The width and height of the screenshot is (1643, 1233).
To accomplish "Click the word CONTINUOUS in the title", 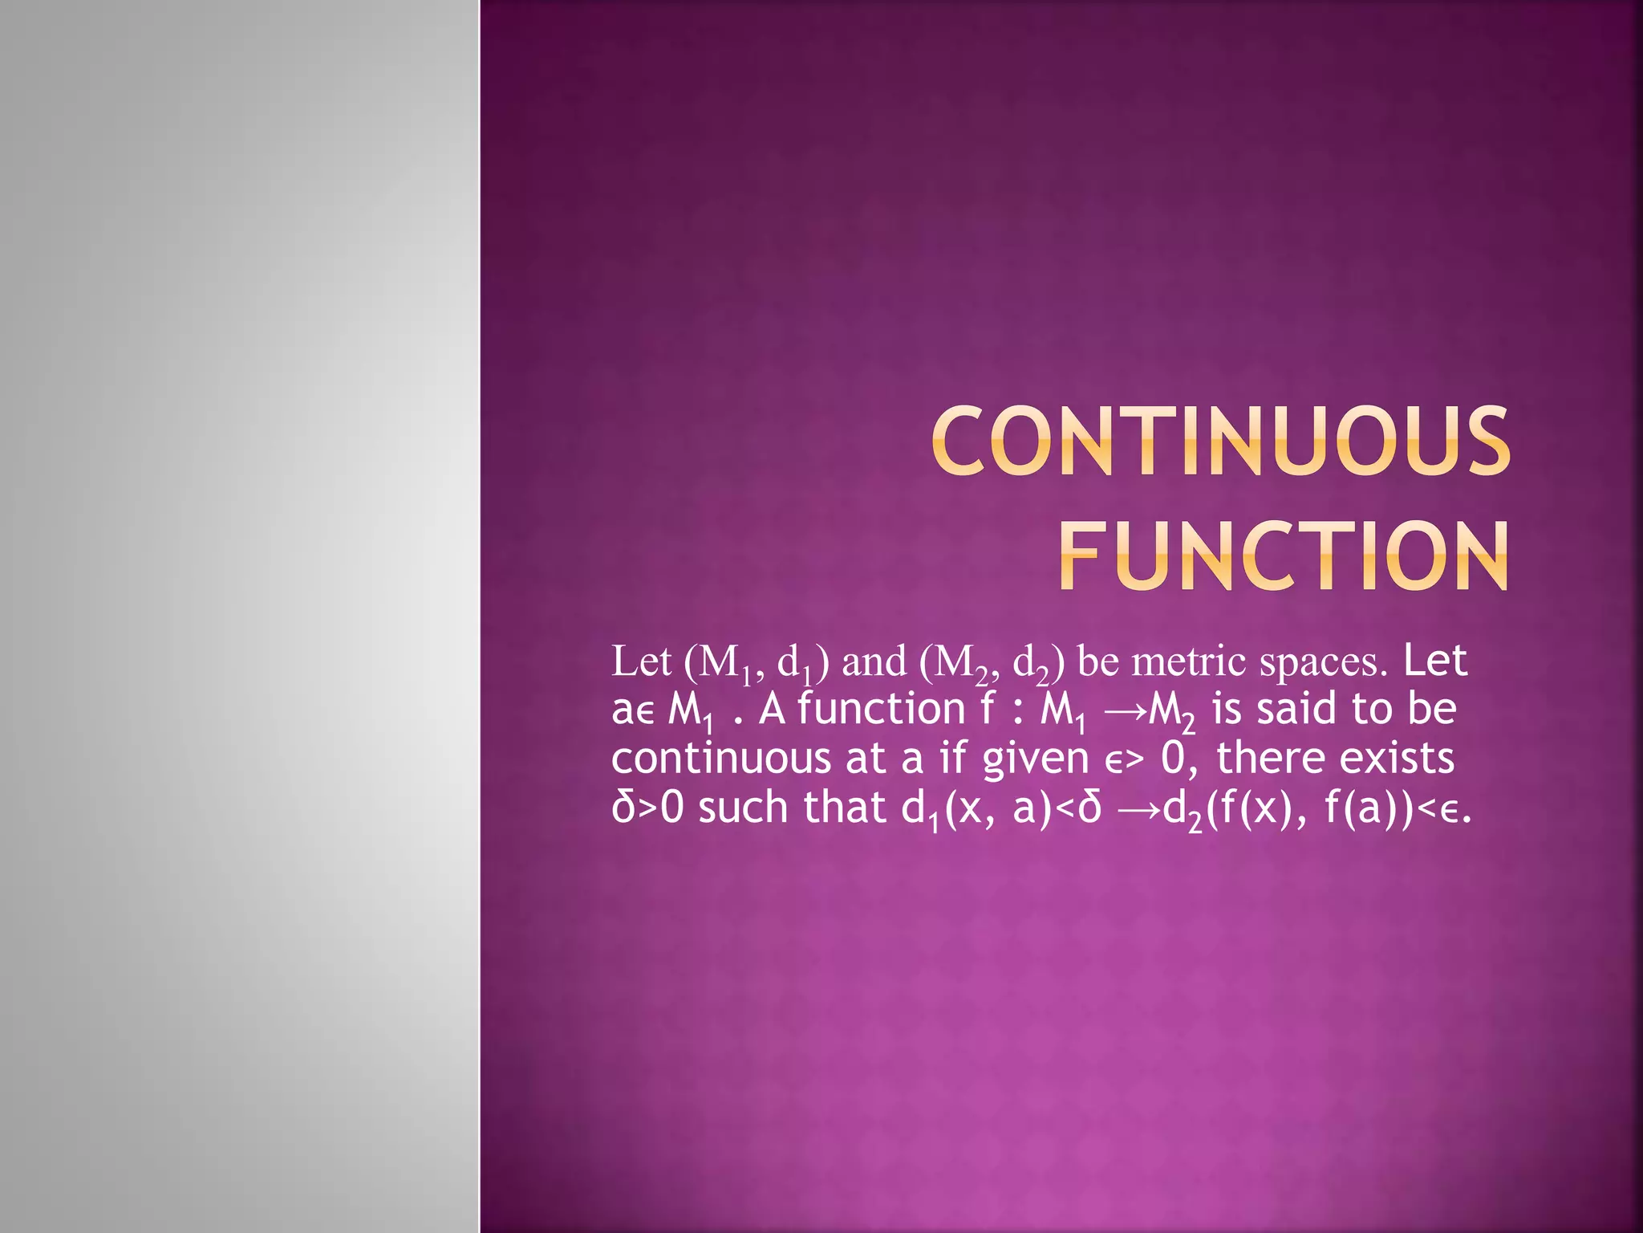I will coord(1221,440).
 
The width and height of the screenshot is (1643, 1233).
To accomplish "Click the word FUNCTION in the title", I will coord(1283,555).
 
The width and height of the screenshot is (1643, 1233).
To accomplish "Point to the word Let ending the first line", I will coord(1436,661).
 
